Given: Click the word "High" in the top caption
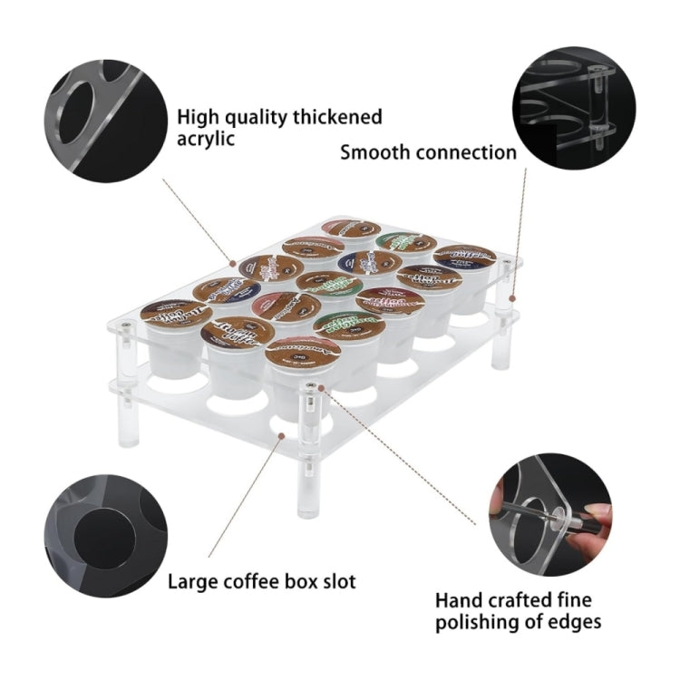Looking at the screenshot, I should pos(197,117).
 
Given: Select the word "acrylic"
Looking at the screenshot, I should pos(206,139).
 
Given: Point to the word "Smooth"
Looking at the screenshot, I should pos(374,151).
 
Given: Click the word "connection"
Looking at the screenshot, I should pos(466,151).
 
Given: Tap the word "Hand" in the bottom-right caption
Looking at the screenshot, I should pos(458,600).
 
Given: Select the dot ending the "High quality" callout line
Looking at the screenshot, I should pos(232,263).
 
